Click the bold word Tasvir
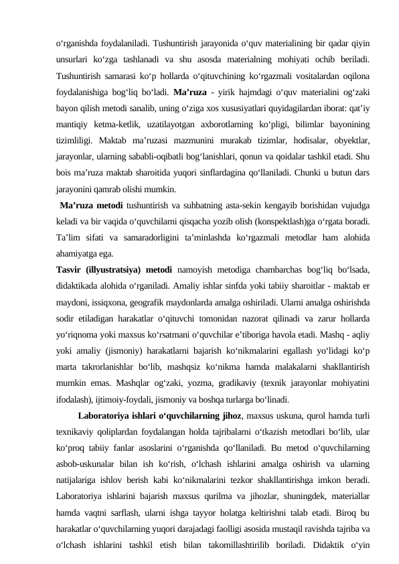click(68, 269)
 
